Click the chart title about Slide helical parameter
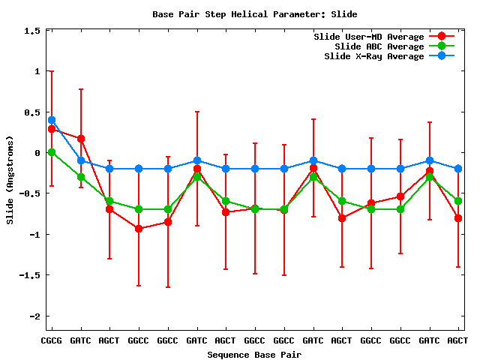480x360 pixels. pyautogui.click(x=254, y=13)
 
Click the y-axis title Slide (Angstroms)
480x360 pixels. pyautogui.click(x=10, y=180)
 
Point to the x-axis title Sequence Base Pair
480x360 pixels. pyautogui.click(x=254, y=354)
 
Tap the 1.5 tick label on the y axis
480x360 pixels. pyautogui.click(x=32, y=31)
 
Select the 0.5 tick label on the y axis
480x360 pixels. pyautogui.click(x=32, y=112)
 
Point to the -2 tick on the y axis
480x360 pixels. pyautogui.click(x=34, y=316)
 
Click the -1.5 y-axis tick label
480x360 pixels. pyautogui.click(x=30, y=275)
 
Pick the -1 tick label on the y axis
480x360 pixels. pyautogui.click(x=34, y=234)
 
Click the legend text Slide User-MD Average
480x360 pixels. pyautogui.click(x=368, y=37)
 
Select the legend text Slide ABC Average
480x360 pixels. pyautogui.click(x=379, y=46)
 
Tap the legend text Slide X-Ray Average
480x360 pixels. pyautogui.click(x=373, y=56)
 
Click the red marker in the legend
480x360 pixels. pyautogui.click(x=442, y=37)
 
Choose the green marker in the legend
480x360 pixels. pyautogui.click(x=442, y=46)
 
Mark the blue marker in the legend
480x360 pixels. pyautogui.click(x=442, y=56)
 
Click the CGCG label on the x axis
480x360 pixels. pyautogui.click(x=52, y=340)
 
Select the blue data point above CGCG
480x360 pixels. pyautogui.click(x=52, y=120)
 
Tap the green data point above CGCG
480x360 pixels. pyautogui.click(x=52, y=152)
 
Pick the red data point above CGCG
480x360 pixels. pyautogui.click(x=52, y=129)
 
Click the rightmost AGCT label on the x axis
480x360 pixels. pyautogui.click(x=457, y=340)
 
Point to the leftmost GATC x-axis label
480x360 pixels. pyautogui.click(x=81, y=340)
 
